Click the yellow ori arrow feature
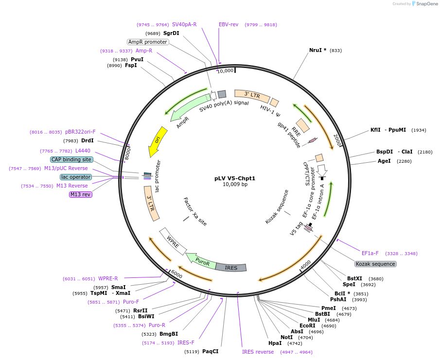point(155,141)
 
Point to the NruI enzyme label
point(317,50)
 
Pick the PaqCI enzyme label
point(210,351)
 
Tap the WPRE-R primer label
point(108,278)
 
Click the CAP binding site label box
point(71,159)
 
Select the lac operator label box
point(75,177)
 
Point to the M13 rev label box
point(81,194)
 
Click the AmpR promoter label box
point(148,42)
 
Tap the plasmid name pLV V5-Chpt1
point(235,178)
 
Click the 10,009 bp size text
point(235,185)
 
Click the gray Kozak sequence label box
point(375,264)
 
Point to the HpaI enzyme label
point(275,343)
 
